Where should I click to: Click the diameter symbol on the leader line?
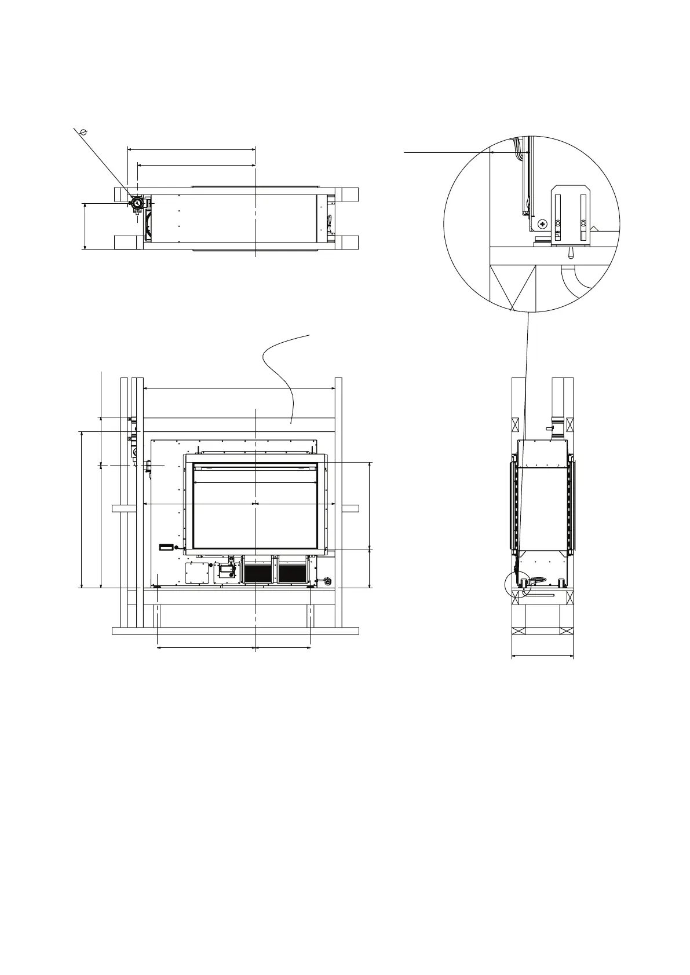coord(84,133)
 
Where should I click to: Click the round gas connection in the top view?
coord(137,204)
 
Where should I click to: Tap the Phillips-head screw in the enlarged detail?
coord(542,223)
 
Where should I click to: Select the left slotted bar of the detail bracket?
coord(558,217)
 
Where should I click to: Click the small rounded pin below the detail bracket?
coord(570,252)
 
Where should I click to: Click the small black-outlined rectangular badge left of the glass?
coord(166,547)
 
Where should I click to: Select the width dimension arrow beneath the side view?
coord(542,656)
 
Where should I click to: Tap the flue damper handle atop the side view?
coord(550,428)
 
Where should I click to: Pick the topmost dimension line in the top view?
coord(191,149)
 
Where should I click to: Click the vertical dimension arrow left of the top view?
coord(85,226)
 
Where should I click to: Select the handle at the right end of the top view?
coord(330,221)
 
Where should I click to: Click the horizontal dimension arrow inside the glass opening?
coord(255,482)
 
